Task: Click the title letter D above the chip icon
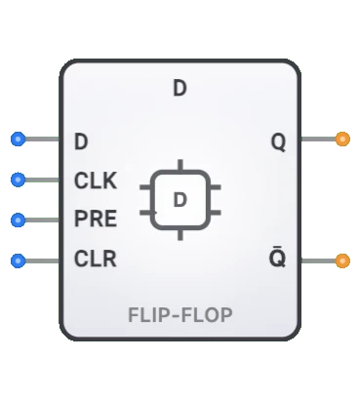click(180, 88)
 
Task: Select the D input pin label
click(81, 140)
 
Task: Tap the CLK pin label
click(95, 180)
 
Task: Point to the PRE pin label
click(96, 219)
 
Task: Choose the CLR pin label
click(95, 260)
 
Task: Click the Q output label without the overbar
click(278, 141)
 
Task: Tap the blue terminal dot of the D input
click(18, 140)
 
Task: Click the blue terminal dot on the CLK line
click(18, 180)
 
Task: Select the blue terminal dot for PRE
click(18, 219)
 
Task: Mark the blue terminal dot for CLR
click(18, 260)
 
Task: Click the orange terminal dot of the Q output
click(342, 140)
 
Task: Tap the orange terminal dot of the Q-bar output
click(342, 260)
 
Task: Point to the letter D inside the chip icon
click(180, 200)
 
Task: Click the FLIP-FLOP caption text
click(180, 315)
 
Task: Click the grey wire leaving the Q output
click(318, 140)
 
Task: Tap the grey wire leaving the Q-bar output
click(318, 260)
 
